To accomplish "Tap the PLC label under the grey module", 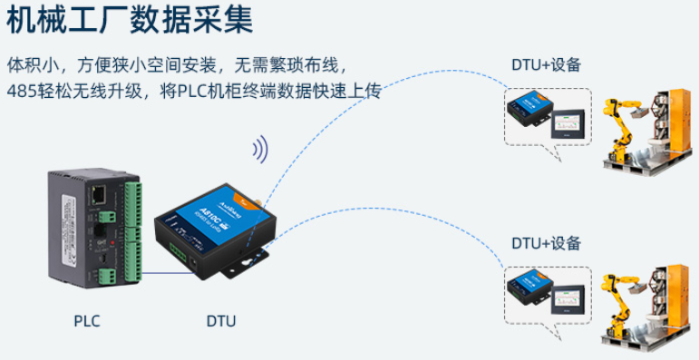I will [x=87, y=321].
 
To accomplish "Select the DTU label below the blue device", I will [x=221, y=321].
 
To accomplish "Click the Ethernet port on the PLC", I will [x=95, y=193].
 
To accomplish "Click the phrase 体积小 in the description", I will [x=28, y=65].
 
